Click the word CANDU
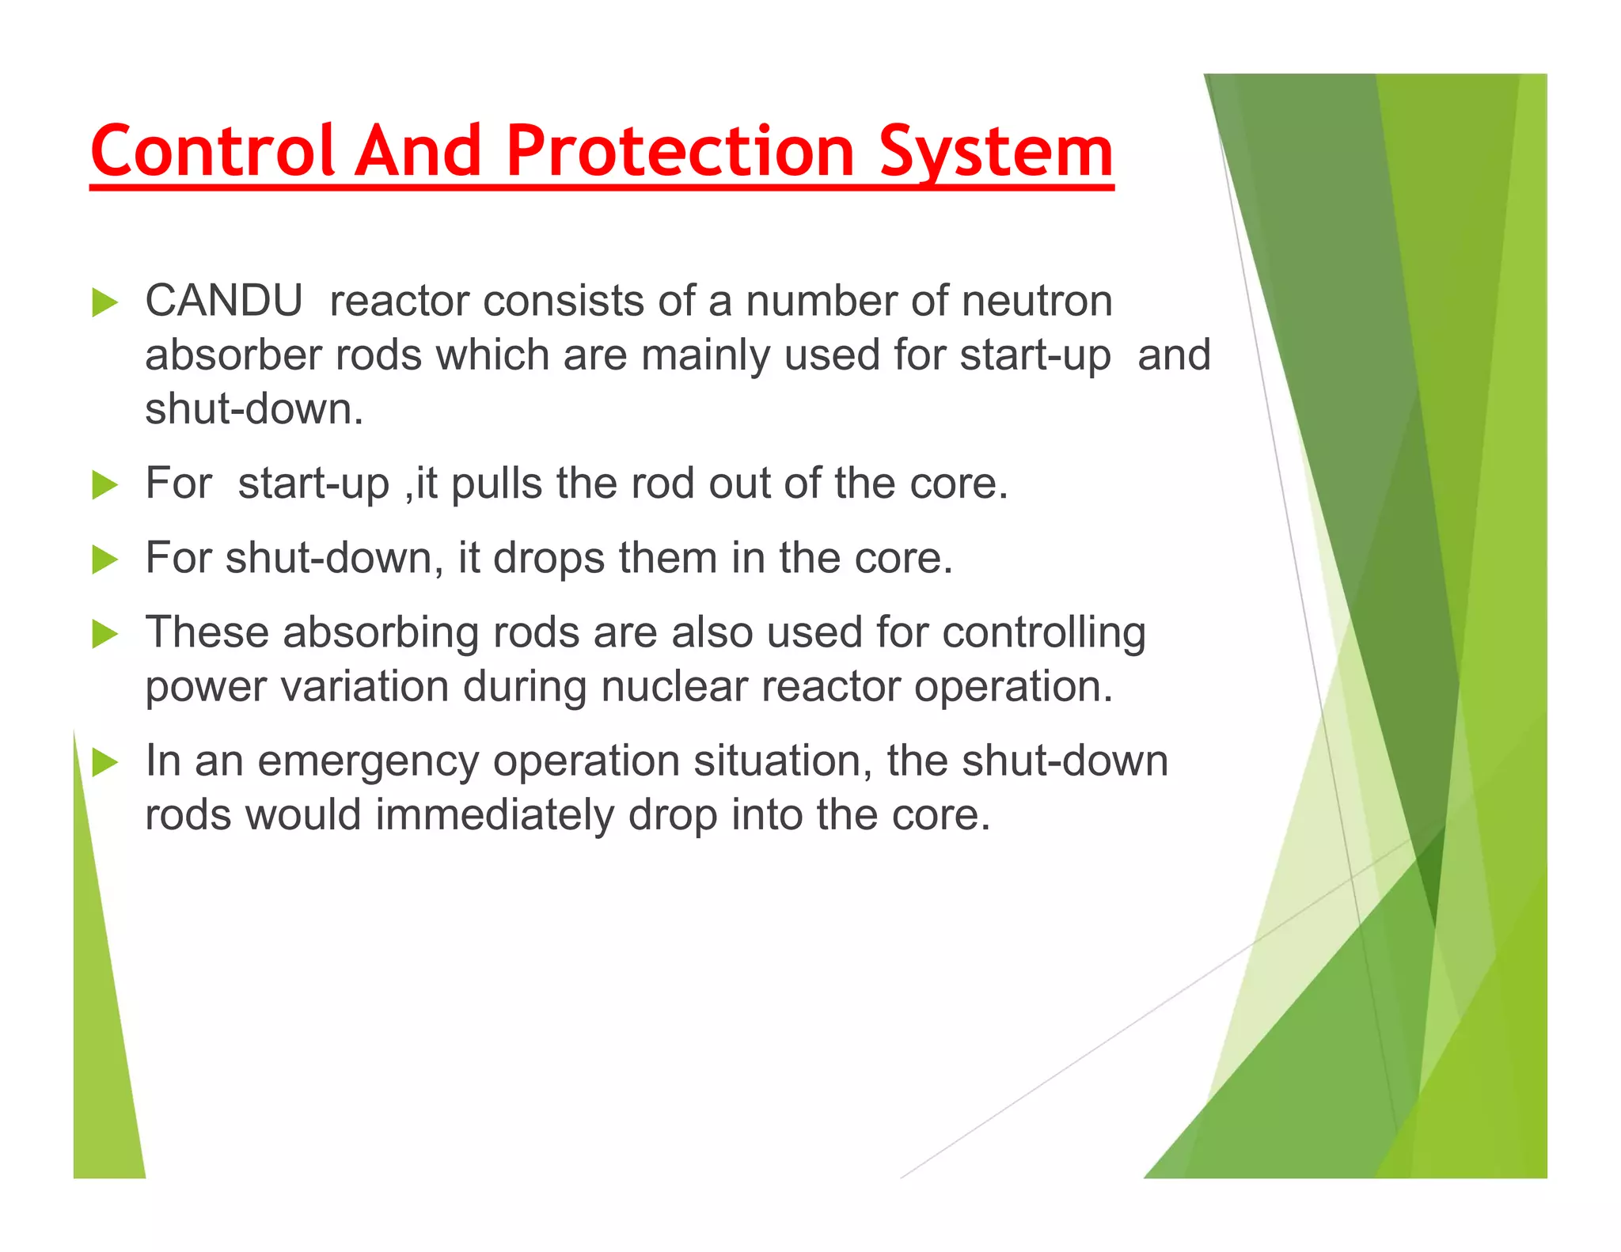[224, 302]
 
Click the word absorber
[233, 355]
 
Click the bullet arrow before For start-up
[104, 485]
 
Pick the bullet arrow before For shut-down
[104, 560]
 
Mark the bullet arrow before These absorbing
[104, 634]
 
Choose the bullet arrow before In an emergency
[104, 763]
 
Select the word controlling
[1044, 634]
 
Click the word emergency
[368, 763]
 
